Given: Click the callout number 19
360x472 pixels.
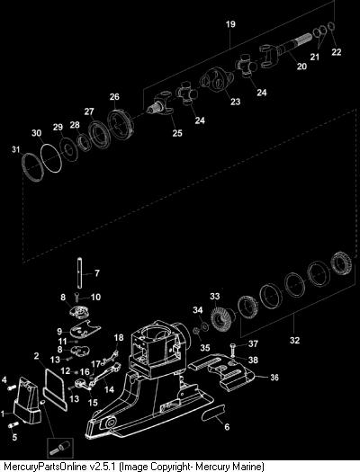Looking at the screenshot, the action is [x=230, y=24].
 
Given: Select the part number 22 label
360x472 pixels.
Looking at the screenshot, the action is [x=337, y=52].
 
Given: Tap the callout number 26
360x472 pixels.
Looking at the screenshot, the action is [x=114, y=97].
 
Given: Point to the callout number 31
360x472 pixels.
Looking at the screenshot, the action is [x=15, y=149].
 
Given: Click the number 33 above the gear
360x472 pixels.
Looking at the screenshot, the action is [x=215, y=297].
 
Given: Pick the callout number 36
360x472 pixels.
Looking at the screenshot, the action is [x=274, y=378].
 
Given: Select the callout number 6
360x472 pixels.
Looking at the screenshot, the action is [x=227, y=426].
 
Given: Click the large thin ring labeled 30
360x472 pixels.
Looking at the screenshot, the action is [x=51, y=158].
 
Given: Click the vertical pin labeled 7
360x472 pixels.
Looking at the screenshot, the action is [x=79, y=272].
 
